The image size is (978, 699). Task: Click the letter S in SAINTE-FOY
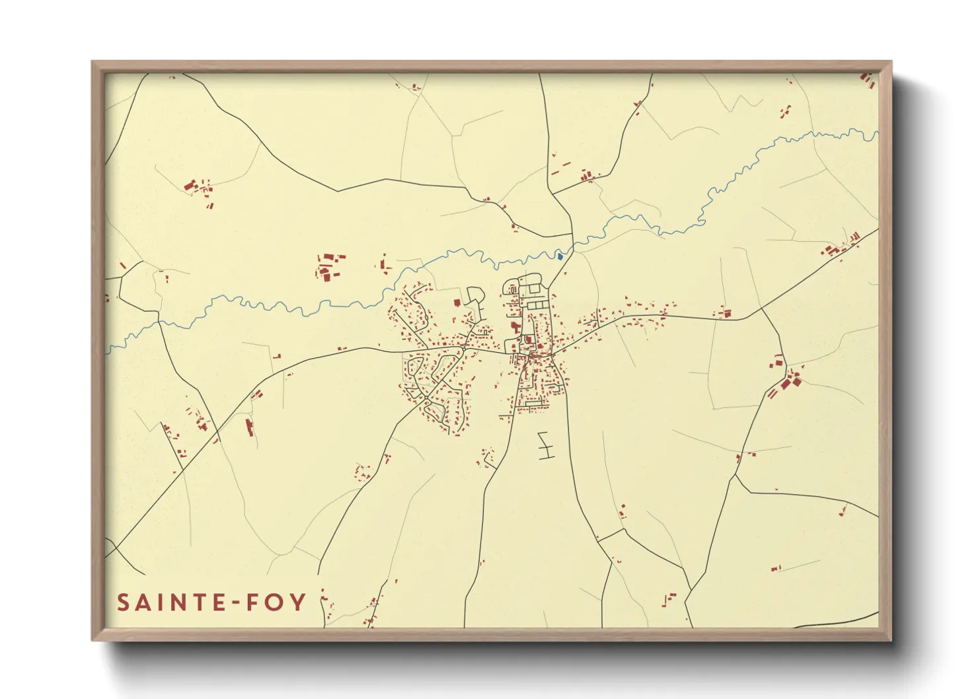124,603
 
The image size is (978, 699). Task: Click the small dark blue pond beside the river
560,256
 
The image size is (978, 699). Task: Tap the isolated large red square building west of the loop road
456,303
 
